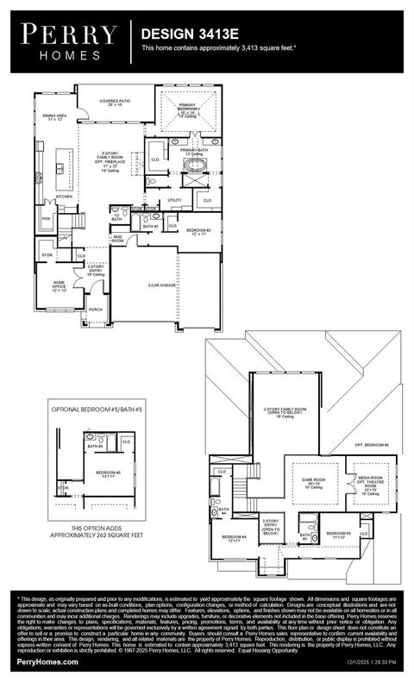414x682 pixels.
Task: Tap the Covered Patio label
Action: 114,102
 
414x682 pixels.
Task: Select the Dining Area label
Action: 56,116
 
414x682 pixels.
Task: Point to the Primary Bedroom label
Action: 188,107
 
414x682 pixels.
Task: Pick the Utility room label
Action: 174,199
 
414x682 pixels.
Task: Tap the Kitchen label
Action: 65,197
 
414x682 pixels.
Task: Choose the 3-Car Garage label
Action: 163,285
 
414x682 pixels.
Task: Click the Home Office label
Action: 60,285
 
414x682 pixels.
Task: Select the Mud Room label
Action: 117,239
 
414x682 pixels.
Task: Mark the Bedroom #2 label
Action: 198,231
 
